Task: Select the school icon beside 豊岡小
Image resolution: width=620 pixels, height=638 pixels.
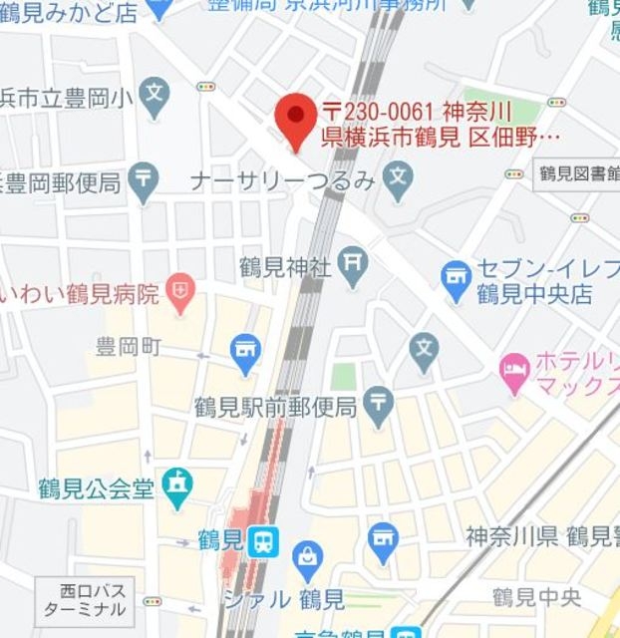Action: [155, 97]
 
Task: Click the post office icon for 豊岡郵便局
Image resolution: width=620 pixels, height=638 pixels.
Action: [146, 182]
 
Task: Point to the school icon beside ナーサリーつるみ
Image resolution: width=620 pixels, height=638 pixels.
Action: [398, 181]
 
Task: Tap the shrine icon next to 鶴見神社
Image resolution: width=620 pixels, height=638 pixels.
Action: [353, 265]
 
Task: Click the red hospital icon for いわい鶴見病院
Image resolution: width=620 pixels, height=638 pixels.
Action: [180, 294]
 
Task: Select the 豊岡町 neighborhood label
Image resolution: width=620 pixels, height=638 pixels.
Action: [128, 347]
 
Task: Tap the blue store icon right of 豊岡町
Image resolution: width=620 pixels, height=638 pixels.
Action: [245, 349]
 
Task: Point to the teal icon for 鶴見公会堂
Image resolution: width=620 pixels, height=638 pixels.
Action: [177, 488]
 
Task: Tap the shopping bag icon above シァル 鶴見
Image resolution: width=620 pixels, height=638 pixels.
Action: [309, 560]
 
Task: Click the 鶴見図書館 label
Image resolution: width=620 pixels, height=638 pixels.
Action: [575, 172]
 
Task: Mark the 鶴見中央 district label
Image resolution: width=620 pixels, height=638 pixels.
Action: [536, 597]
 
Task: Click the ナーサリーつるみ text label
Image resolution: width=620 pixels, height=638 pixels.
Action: [282, 181]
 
